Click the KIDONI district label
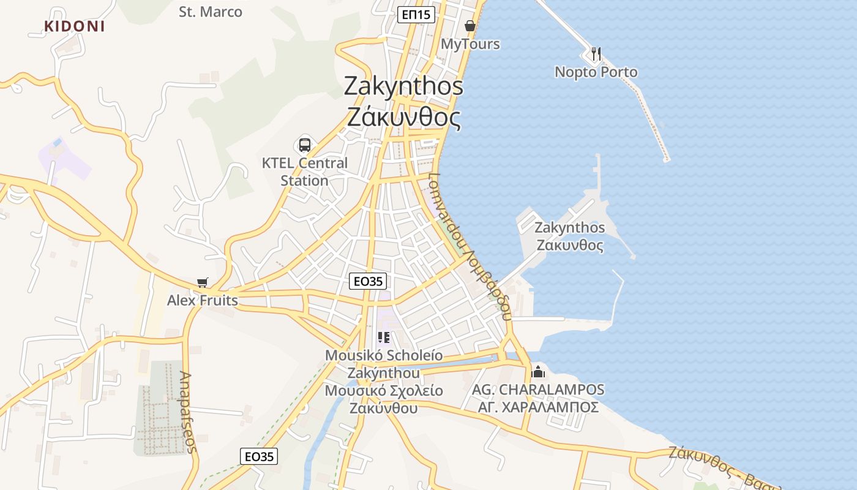pyautogui.click(x=75, y=26)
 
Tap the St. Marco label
pyautogui.click(x=211, y=12)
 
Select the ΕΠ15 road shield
pyautogui.click(x=416, y=15)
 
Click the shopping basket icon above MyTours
pyautogui.click(x=470, y=26)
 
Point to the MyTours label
pyautogui.click(x=470, y=44)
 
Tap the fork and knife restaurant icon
pyautogui.click(x=596, y=54)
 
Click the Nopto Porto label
pyautogui.click(x=596, y=72)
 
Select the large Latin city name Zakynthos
pyautogui.click(x=403, y=86)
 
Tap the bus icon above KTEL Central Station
pyautogui.click(x=305, y=145)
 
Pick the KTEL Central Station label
pyautogui.click(x=305, y=172)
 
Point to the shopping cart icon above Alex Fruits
pyautogui.click(x=203, y=282)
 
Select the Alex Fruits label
pyautogui.click(x=203, y=301)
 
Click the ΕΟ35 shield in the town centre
pyautogui.click(x=368, y=281)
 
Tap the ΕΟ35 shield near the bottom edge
pyautogui.click(x=259, y=456)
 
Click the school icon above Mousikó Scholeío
pyautogui.click(x=384, y=337)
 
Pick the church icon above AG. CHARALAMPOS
pyautogui.click(x=538, y=371)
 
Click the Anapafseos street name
pyautogui.click(x=189, y=412)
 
